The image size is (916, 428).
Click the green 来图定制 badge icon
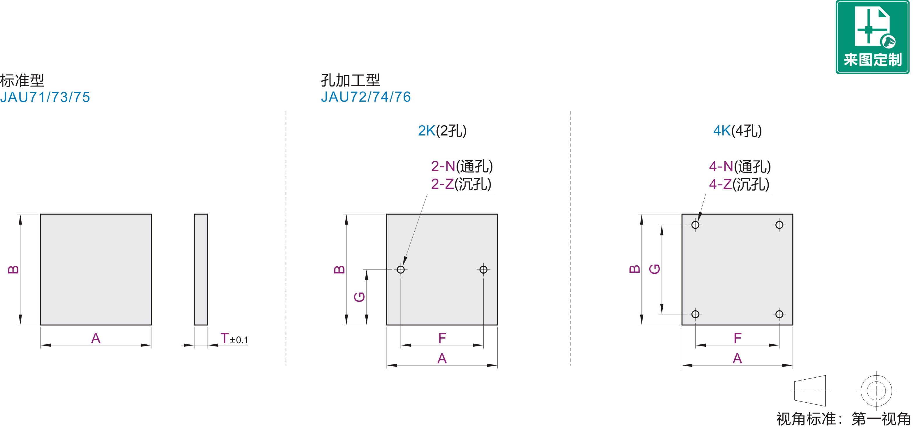tap(872, 37)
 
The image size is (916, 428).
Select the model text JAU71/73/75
tap(45, 97)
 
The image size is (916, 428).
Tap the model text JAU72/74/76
tap(366, 97)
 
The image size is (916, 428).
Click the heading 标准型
tap(22, 80)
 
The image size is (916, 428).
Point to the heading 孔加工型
tap(351, 80)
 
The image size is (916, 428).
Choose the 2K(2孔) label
tap(442, 131)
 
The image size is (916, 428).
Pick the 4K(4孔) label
tap(738, 131)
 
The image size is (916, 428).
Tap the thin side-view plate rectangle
tap(201, 269)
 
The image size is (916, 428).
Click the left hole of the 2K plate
tap(401, 269)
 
